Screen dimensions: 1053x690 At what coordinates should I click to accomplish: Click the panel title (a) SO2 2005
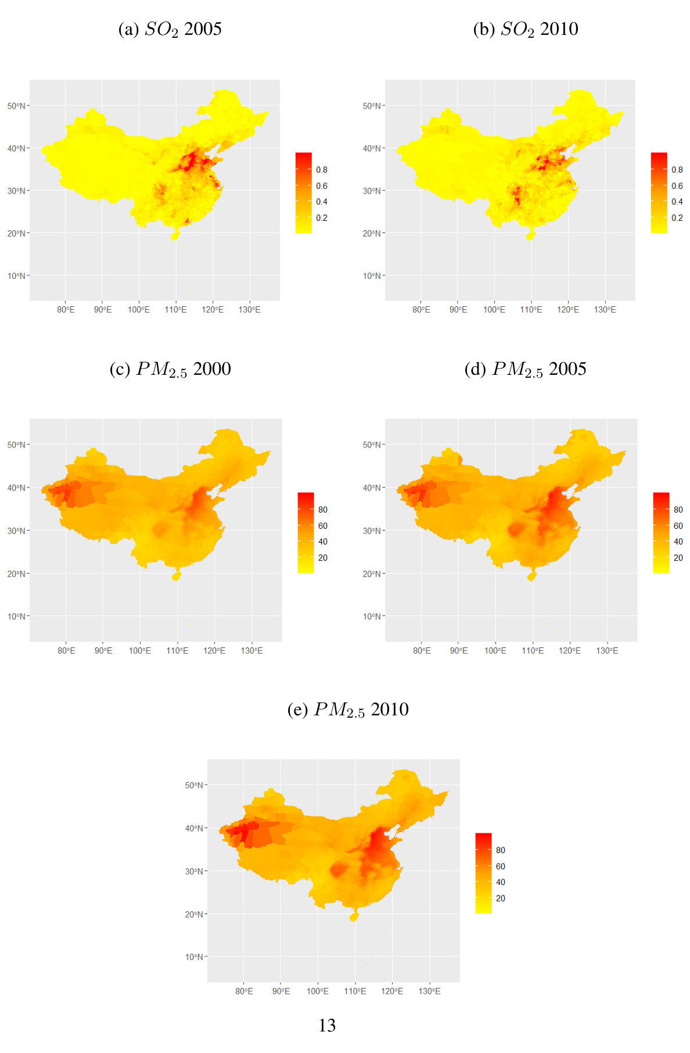[x=170, y=29]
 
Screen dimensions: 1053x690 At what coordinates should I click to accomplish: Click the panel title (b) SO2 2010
[x=525, y=29]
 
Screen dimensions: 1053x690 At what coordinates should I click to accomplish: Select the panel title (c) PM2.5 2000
[x=170, y=370]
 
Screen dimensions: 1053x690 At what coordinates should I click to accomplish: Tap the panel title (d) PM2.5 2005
[x=525, y=370]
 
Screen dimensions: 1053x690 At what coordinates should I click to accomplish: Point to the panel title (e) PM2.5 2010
[x=348, y=710]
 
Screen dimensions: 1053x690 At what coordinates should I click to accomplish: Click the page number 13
[x=327, y=1026]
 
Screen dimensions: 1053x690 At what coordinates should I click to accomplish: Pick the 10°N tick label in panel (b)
[x=371, y=275]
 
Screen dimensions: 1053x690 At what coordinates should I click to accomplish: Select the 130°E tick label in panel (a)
[x=249, y=310]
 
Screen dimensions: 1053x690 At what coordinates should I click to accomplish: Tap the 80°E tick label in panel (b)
[x=421, y=310]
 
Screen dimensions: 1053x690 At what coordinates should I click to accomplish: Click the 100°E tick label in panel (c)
[x=140, y=651]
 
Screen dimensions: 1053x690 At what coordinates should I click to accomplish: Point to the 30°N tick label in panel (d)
[x=371, y=531]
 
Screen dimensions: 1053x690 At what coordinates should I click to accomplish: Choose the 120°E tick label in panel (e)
[x=392, y=991]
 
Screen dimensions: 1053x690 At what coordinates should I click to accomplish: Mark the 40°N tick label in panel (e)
[x=193, y=828]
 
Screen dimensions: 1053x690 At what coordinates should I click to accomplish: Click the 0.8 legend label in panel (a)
[x=322, y=170]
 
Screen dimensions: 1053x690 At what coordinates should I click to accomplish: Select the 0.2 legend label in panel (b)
[x=677, y=218]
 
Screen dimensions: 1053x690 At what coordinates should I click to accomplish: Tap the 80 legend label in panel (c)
[x=323, y=510]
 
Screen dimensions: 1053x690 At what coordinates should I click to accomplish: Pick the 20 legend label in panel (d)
[x=678, y=558]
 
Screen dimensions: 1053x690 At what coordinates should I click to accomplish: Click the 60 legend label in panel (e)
[x=501, y=866]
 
